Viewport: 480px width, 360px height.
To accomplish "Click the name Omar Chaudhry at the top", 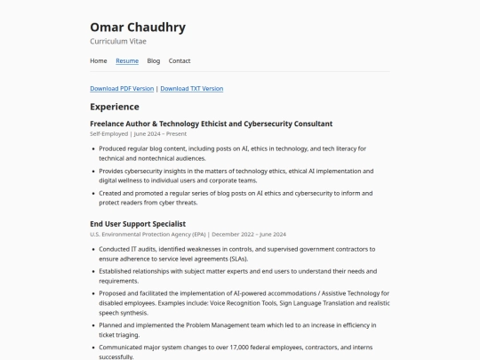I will [138, 27].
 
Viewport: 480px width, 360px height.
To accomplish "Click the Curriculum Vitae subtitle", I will [118, 41].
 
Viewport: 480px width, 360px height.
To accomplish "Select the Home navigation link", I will [99, 60].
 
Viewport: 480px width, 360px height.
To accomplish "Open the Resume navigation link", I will [127, 60].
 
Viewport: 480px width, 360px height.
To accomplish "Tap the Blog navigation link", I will [154, 60].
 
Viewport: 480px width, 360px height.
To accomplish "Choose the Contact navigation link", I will [180, 60].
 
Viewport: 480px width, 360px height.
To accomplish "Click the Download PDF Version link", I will [122, 89].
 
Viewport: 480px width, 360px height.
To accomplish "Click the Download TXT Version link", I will [192, 89].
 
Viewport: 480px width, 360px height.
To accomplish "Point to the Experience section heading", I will [115, 107].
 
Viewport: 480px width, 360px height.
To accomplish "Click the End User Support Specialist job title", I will [138, 223].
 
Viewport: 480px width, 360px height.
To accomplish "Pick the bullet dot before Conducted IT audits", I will [93, 249].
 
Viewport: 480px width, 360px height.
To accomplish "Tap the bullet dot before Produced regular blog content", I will [93, 148].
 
